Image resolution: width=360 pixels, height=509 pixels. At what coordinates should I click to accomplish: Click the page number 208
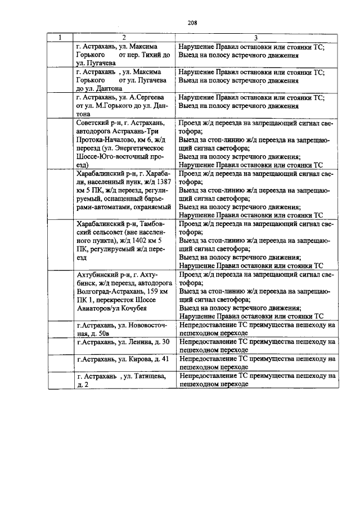pyautogui.click(x=191, y=23)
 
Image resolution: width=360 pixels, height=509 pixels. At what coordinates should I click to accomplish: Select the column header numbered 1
pyautogui.click(x=60, y=38)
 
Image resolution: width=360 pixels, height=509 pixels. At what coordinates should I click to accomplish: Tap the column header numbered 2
pyautogui.click(x=124, y=38)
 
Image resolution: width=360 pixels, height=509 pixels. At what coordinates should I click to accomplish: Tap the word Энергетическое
pyautogui.click(x=136, y=148)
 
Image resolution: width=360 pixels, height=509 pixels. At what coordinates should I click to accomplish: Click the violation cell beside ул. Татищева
pyautogui.click(x=256, y=380)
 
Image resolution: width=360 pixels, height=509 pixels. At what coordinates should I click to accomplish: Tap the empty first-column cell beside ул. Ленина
pyautogui.click(x=60, y=346)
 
